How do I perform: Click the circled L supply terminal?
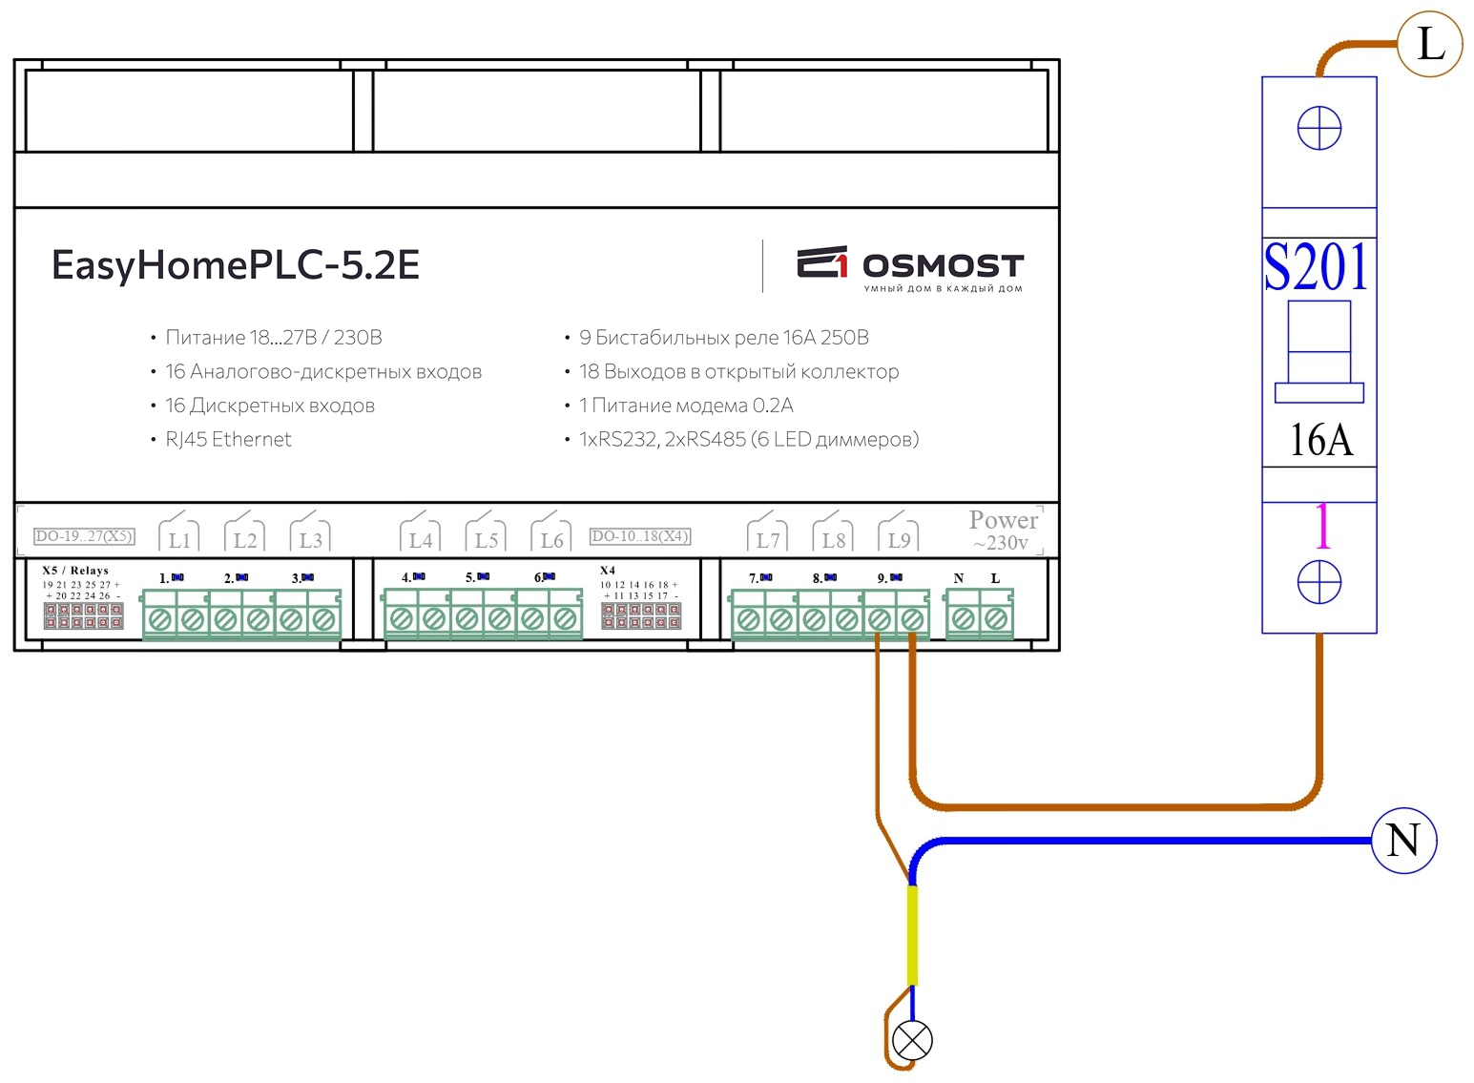[1429, 44]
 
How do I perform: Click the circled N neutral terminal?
[1403, 841]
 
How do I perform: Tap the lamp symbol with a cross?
[911, 1040]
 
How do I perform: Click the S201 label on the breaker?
[1317, 267]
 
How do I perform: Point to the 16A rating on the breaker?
[1321, 440]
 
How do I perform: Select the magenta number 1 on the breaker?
[1322, 527]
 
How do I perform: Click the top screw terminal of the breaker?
[1319, 129]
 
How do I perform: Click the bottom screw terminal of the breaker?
[1319, 582]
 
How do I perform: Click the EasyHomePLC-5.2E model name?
[236, 265]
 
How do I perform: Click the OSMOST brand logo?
[910, 267]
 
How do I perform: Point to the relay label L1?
[178, 539]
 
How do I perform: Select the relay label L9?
[899, 539]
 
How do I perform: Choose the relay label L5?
[487, 539]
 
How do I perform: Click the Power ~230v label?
[1003, 530]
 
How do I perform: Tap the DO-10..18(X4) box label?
[639, 536]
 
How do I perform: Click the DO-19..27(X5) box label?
[84, 536]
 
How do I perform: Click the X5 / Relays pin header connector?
[84, 615]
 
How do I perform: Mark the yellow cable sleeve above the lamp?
[912, 935]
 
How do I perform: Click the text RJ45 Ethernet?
[228, 440]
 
